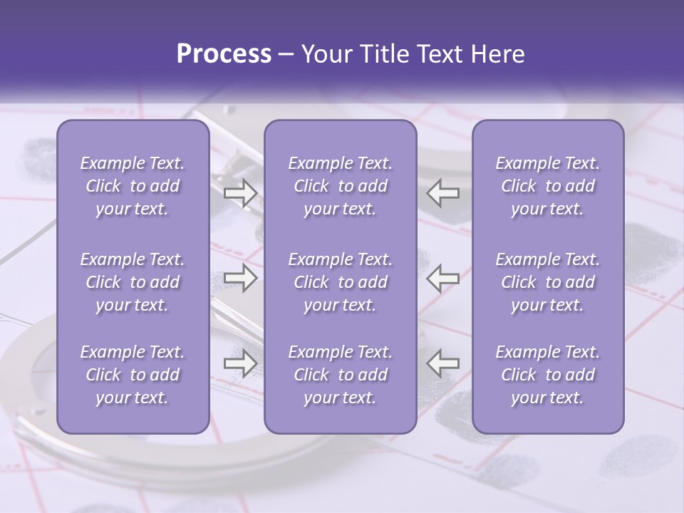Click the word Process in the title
(x=224, y=54)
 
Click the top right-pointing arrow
(x=240, y=193)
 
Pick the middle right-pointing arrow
(x=240, y=278)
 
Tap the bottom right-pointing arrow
(x=240, y=363)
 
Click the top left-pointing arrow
(x=443, y=193)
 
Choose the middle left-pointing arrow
(x=443, y=278)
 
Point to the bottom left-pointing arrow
(x=443, y=363)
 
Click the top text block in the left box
(x=133, y=186)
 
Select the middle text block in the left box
(x=133, y=282)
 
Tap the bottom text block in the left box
(x=133, y=375)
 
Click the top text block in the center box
(x=341, y=186)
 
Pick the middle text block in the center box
(x=341, y=282)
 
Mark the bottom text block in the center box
(x=341, y=375)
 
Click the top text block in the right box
(x=548, y=186)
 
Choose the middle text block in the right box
(x=548, y=282)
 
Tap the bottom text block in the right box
(x=548, y=375)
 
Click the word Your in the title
(x=323, y=54)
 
